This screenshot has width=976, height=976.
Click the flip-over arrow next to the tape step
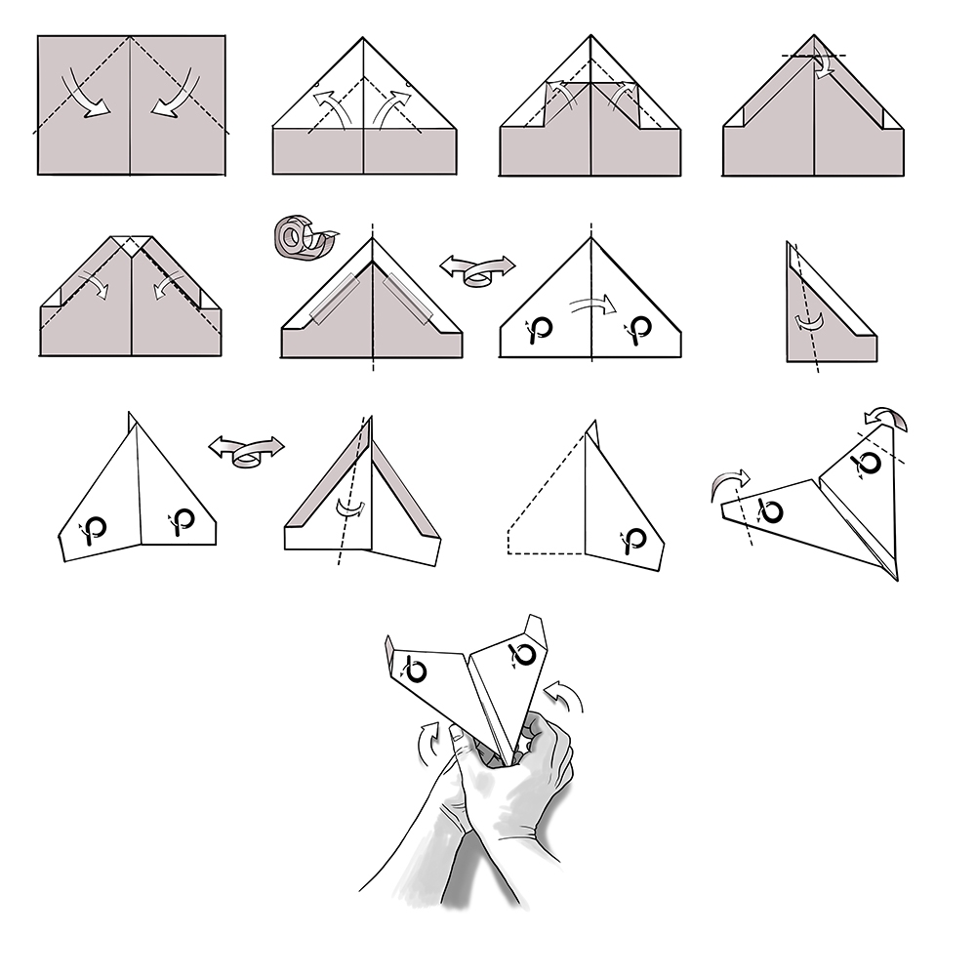477,268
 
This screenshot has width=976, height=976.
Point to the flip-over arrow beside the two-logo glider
246,451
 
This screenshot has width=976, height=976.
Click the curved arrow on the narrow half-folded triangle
808,323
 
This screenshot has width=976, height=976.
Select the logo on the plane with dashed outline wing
635,540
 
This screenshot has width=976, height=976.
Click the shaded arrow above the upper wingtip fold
887,420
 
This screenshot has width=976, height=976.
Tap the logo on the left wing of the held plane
417,670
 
